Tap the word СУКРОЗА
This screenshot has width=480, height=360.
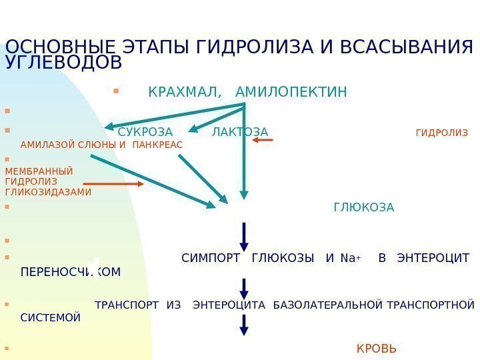coord(145,132)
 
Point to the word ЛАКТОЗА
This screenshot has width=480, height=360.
coord(240,132)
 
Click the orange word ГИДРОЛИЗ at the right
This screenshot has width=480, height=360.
coord(441,133)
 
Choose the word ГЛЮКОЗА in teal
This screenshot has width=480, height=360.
coord(363,207)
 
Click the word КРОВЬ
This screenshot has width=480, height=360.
coord(377,349)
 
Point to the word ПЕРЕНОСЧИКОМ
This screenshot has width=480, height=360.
coord(71,272)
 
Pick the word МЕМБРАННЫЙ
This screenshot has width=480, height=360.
coord(39,170)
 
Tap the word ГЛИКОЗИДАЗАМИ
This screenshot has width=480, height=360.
coord(48,192)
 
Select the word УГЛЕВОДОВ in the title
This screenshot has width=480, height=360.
coord(63,63)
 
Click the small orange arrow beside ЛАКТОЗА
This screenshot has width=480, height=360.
coord(263,141)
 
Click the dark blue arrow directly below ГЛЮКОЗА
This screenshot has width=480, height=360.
coord(245,237)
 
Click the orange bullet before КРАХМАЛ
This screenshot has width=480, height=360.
coord(115,86)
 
